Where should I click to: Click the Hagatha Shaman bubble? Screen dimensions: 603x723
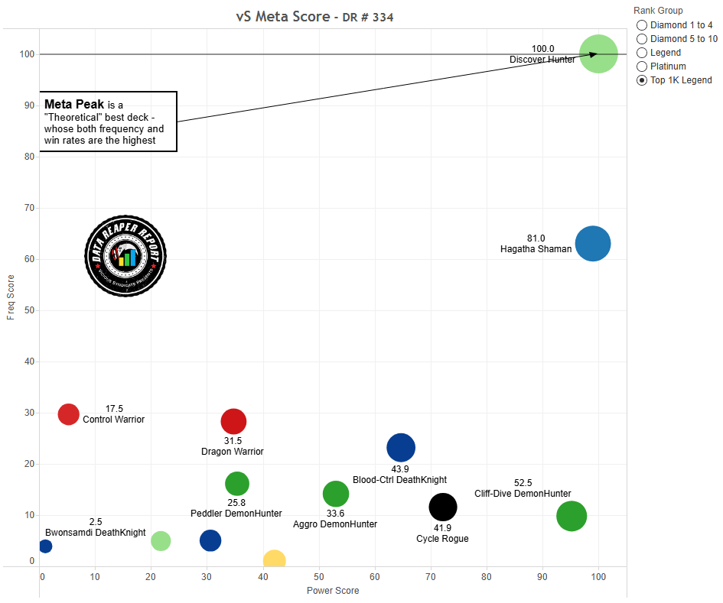tap(592, 245)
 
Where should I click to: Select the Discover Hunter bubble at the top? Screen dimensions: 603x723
tap(598, 53)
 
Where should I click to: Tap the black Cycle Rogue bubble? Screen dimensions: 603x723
tap(443, 506)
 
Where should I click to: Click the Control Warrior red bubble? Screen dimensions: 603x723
tap(69, 414)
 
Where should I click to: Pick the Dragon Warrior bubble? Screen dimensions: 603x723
tap(233, 421)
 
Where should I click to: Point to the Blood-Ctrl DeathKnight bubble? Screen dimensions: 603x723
tap(401, 448)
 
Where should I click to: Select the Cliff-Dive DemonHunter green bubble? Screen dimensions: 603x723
tap(572, 516)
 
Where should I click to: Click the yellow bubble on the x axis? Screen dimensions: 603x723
tap(274, 561)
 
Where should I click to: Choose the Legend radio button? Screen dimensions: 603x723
tap(642, 53)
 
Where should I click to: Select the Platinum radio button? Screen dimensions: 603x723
tap(642, 66)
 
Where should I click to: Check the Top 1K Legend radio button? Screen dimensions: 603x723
tap(642, 80)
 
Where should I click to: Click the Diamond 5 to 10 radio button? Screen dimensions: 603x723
tap(642, 39)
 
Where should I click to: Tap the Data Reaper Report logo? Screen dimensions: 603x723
tap(125, 255)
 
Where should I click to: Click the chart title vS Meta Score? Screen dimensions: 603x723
tap(282, 17)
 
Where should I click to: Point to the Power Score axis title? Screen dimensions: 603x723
tap(333, 591)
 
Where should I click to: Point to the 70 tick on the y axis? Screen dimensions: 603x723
tap(31, 208)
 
